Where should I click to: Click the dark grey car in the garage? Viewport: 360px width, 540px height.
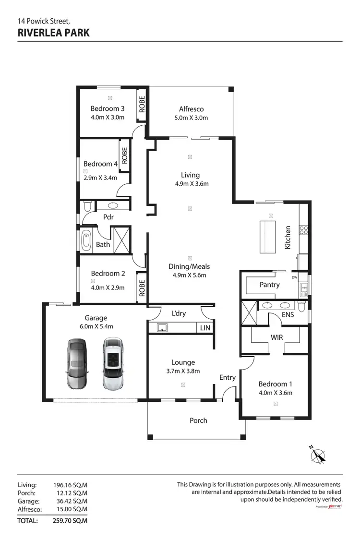77,364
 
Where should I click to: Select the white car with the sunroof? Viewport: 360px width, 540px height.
113,363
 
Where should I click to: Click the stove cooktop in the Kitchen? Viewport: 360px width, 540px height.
303,230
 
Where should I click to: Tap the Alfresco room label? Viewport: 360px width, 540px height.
191,109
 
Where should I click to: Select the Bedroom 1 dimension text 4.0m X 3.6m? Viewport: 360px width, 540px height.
275,393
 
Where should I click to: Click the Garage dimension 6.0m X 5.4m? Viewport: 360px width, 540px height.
96,326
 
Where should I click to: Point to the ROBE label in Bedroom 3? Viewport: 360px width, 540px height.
142,104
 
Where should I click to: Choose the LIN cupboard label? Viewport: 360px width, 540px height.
204,328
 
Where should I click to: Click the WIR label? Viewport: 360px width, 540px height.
276,337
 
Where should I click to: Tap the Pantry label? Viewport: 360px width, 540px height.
269,285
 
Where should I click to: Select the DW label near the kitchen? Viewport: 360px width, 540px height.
294,277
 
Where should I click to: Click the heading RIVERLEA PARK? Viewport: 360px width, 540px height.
53,33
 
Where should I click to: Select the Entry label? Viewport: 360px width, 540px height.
228,377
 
